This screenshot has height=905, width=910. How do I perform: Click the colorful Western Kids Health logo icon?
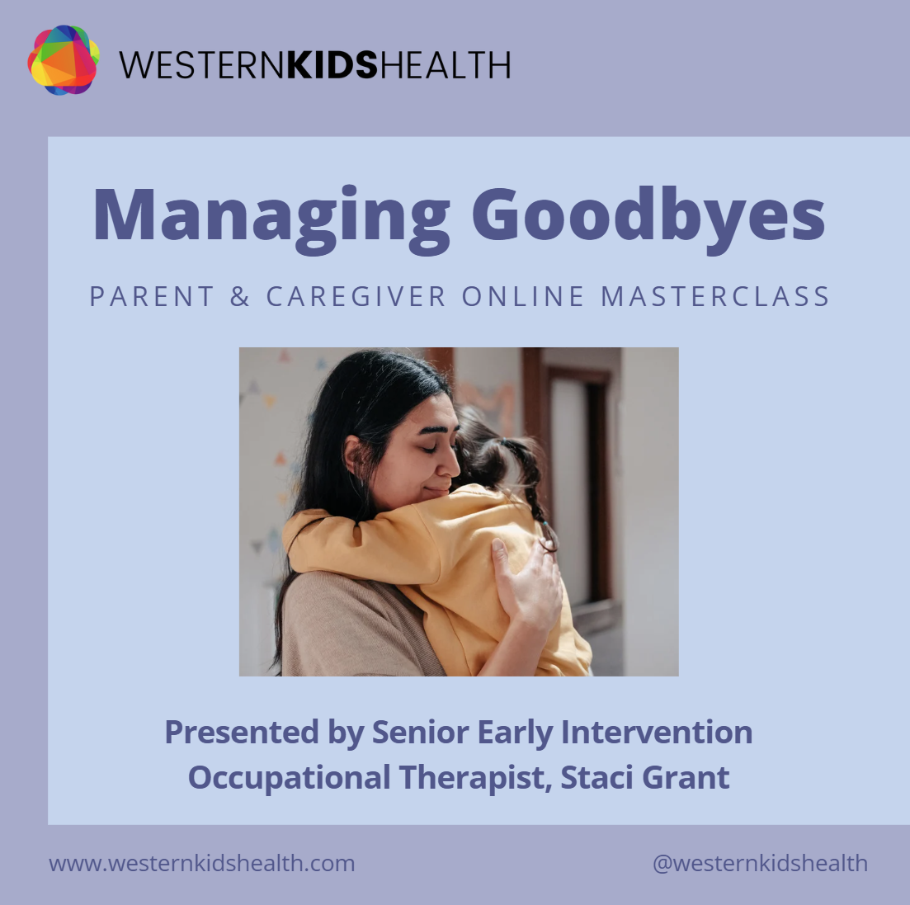coord(64,59)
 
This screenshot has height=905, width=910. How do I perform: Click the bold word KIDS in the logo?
coord(332,64)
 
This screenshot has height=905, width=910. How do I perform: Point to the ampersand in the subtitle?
coord(240,296)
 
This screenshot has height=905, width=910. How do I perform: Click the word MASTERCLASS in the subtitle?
coord(715,296)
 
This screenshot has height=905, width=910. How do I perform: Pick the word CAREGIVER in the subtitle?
coord(356,296)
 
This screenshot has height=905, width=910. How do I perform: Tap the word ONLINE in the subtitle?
coord(523,296)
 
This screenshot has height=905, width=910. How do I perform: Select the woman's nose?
coord(449,465)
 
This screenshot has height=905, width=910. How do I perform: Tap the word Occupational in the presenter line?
coord(289,778)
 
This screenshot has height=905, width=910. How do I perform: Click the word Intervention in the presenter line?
coord(657,732)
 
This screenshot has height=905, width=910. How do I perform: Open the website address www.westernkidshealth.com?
coord(202,863)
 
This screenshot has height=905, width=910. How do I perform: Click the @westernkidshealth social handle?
coord(761,863)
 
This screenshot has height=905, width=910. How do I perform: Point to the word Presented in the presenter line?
coord(242,732)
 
